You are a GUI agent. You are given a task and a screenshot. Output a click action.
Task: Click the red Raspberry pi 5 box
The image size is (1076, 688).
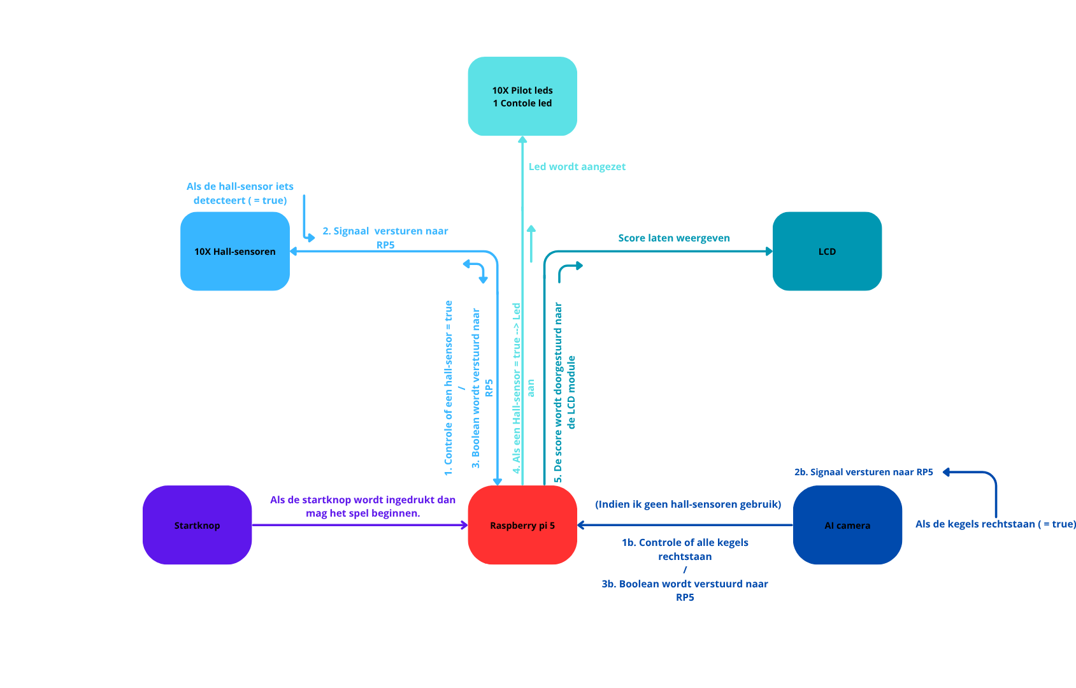point(522,525)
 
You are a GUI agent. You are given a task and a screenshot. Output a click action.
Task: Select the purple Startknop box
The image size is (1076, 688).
point(197,525)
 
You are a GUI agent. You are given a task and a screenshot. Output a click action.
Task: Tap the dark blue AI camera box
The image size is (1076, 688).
point(847,525)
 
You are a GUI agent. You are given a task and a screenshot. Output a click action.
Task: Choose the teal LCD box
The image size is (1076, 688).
point(826,251)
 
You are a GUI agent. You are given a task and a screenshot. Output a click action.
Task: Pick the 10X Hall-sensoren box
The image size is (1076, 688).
point(234,251)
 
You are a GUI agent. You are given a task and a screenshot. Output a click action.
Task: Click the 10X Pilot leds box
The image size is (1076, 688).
point(522,96)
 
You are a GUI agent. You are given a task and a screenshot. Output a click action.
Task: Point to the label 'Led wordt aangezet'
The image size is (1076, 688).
point(577,167)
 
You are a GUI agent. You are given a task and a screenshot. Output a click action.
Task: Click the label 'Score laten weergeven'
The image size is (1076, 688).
point(673,238)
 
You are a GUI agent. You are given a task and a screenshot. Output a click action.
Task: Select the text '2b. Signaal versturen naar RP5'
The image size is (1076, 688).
point(863,472)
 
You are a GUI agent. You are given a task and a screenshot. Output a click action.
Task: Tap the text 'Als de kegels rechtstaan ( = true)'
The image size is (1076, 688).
point(995,524)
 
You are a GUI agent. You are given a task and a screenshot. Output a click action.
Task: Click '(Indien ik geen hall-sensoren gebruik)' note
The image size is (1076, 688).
point(687,505)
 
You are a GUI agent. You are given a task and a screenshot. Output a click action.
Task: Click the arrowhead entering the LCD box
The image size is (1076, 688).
point(769,251)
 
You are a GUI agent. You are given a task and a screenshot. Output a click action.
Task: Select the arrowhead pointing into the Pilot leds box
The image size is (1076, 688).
point(522,140)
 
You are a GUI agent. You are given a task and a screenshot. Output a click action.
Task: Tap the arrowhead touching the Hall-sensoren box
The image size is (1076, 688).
point(294,251)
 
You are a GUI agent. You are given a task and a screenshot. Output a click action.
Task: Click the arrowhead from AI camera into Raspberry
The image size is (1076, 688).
point(581,525)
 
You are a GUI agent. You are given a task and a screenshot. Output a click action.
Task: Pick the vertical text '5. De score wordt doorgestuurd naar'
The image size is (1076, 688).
point(558,392)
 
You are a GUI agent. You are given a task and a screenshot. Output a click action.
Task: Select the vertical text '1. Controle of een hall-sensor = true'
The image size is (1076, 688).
point(448,388)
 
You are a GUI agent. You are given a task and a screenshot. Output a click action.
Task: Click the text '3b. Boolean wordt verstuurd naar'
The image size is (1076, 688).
point(684,584)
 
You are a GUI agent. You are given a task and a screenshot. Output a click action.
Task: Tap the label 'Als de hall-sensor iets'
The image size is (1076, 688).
point(240,187)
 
